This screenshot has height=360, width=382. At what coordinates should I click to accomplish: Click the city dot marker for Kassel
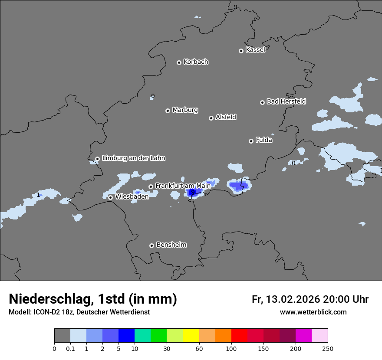pyautogui.click(x=241, y=51)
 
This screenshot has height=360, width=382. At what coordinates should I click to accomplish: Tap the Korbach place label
pyautogui.click(x=196, y=62)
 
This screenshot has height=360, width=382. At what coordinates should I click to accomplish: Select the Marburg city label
pyautogui.click(x=185, y=110)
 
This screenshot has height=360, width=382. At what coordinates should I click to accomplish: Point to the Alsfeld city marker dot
pyautogui.click(x=211, y=118)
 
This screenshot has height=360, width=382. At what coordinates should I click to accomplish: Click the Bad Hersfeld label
pyautogui.click(x=286, y=101)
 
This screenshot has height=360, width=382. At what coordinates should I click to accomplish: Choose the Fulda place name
pyautogui.click(x=264, y=140)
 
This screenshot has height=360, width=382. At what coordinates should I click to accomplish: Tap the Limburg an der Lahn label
pyautogui.click(x=133, y=158)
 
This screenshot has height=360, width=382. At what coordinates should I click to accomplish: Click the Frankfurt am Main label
pyautogui.click(x=183, y=185)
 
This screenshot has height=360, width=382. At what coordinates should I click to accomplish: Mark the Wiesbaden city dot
pyautogui.click(x=111, y=197)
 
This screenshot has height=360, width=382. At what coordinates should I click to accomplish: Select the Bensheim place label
pyautogui.click(x=171, y=245)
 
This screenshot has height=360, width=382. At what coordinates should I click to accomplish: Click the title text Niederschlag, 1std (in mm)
pyautogui.click(x=93, y=299)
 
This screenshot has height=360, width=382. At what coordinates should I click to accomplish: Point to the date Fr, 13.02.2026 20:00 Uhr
pyautogui.click(x=310, y=299)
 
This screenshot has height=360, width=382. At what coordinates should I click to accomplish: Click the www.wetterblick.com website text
pyautogui.click(x=313, y=312)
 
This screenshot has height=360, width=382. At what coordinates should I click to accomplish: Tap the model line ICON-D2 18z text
pyautogui.click(x=79, y=312)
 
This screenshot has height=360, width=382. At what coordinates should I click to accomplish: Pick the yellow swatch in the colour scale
pyautogui.click(x=191, y=336)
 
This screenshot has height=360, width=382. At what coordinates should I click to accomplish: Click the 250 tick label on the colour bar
pyautogui.click(x=328, y=348)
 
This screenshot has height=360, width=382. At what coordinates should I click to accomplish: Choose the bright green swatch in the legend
pyautogui.click(x=159, y=336)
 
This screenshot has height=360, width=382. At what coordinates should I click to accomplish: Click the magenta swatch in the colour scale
pyautogui.click(x=303, y=336)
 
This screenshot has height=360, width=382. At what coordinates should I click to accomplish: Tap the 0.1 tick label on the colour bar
pyautogui.click(x=70, y=348)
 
